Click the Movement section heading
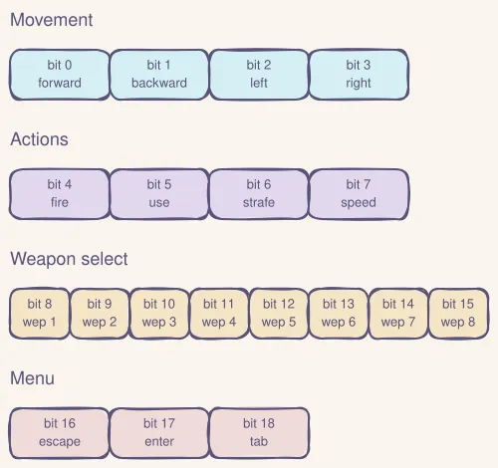coord(52,20)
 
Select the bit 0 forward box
coord(60,75)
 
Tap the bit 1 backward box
coord(159,75)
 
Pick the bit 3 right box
coord(359,75)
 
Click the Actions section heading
coord(40,139)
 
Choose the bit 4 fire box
coord(60,194)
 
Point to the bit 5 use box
coord(159,194)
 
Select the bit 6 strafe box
coord(259,194)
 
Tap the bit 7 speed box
coord(359,194)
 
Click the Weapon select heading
coord(69,259)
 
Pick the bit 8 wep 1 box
coord(40,314)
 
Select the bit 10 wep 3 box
coord(159,314)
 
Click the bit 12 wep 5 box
coord(279,314)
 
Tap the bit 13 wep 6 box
coord(339,314)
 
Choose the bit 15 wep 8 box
coord(458,314)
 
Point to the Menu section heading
coord(32,378)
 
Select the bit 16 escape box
coord(60,433)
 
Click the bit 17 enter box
coord(159,433)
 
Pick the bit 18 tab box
coord(259,433)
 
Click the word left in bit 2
coord(259,84)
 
